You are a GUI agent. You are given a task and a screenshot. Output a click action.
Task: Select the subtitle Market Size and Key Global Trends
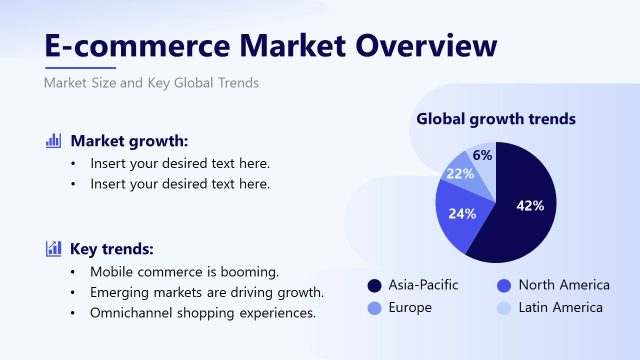pyautogui.click(x=151, y=83)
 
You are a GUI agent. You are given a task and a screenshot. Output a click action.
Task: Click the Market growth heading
pyautogui.click(x=129, y=141)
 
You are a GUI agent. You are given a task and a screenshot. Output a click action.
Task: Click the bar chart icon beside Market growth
pyautogui.click(x=54, y=141)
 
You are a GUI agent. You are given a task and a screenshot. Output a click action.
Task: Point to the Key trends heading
pyautogui.click(x=112, y=249)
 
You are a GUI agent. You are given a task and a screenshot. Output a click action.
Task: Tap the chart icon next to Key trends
pyautogui.click(x=54, y=249)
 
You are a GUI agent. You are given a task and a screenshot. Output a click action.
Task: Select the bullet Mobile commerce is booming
pyautogui.click(x=184, y=272)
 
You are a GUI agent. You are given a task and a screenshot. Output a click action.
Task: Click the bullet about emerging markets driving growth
pyautogui.click(x=207, y=292)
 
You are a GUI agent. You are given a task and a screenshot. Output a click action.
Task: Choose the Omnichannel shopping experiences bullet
pyautogui.click(x=203, y=312)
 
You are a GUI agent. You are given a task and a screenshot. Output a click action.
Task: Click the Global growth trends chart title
pyautogui.click(x=495, y=119)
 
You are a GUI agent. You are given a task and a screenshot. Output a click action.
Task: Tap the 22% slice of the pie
pyautogui.click(x=461, y=174)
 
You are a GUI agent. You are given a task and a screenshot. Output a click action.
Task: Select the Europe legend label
pyautogui.click(x=410, y=307)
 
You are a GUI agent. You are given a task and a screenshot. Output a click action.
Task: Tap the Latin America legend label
pyautogui.click(x=561, y=307)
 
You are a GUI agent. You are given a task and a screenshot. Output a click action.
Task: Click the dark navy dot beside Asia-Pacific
pyautogui.click(x=375, y=285)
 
